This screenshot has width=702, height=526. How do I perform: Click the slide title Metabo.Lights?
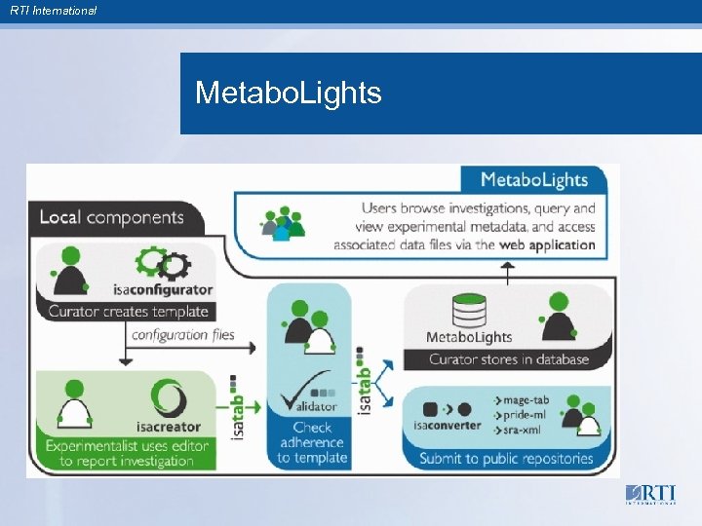pyautogui.click(x=288, y=94)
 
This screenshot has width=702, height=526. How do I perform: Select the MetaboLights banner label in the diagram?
pyautogui.click(x=535, y=179)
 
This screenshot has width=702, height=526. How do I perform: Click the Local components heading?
pyautogui.click(x=111, y=217)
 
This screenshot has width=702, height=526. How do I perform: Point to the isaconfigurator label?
pyautogui.click(x=162, y=289)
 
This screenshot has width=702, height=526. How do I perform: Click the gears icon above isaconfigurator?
pyautogui.click(x=162, y=263)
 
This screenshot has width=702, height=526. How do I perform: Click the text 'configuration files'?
pyautogui.click(x=182, y=335)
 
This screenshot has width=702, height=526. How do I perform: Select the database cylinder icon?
pyautogui.click(x=469, y=311)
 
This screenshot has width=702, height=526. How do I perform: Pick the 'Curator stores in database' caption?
pyautogui.click(x=509, y=359)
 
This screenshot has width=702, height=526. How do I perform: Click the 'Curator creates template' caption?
pyautogui.click(x=129, y=312)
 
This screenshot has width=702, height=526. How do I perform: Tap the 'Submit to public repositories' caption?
pyautogui.click(x=506, y=458)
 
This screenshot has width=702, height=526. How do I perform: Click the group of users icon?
pyautogui.click(x=282, y=224)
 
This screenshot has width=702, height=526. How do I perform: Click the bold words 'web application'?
pyautogui.click(x=546, y=244)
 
